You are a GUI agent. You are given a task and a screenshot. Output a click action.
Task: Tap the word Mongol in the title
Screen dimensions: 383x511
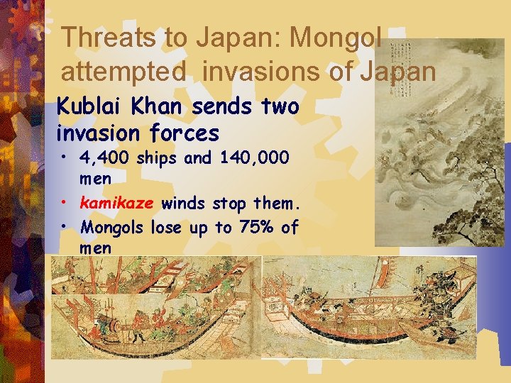[338, 37]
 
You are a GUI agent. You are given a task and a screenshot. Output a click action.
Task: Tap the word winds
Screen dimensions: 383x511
[182, 204]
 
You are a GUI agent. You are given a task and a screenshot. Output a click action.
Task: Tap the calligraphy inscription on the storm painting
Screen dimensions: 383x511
[405, 60]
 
